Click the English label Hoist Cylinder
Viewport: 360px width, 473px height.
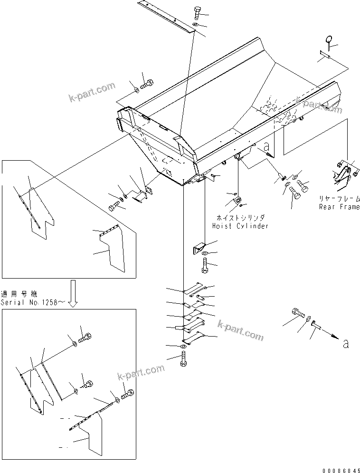pyautogui.click(x=240, y=226)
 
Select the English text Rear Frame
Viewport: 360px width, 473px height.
pyautogui.click(x=339, y=207)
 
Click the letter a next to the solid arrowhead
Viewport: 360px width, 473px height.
pyautogui.click(x=345, y=344)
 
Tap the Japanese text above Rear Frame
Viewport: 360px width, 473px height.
pyautogui.click(x=339, y=199)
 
